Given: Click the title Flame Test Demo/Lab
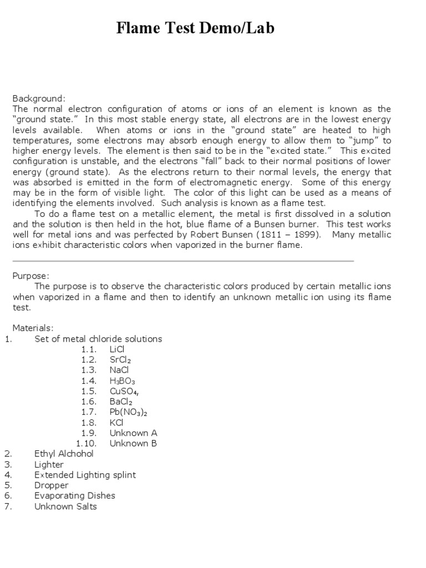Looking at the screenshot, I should pyautogui.click(x=195, y=28).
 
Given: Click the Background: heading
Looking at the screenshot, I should pyautogui.click(x=39, y=98).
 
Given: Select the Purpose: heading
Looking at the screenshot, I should pyautogui.click(x=31, y=276).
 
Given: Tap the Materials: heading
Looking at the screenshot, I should pyautogui.click(x=33, y=328).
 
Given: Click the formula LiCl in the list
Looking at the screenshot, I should pyautogui.click(x=117, y=349).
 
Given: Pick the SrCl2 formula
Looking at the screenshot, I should pyautogui.click(x=120, y=359).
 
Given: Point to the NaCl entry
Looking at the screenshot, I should pyautogui.click(x=119, y=370).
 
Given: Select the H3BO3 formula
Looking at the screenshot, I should pyautogui.click(x=123, y=381).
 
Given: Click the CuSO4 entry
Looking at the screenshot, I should pyautogui.click(x=124, y=391).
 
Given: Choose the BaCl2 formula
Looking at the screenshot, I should pyautogui.click(x=121, y=402).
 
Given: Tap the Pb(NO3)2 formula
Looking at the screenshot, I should pyautogui.click(x=129, y=412).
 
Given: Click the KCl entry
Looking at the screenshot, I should pyautogui.click(x=116, y=423).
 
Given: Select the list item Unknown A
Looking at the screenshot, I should pyautogui.click(x=133, y=433).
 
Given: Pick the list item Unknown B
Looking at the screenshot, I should pyautogui.click(x=133, y=443).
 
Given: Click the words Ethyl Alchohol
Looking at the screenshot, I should pyautogui.click(x=64, y=454).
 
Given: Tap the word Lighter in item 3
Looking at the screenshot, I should pyautogui.click(x=49, y=464).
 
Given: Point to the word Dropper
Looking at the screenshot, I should pyautogui.click(x=52, y=485).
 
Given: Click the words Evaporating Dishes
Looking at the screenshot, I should pyautogui.click(x=75, y=496).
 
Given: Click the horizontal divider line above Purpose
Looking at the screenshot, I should pyautogui.click(x=183, y=261).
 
